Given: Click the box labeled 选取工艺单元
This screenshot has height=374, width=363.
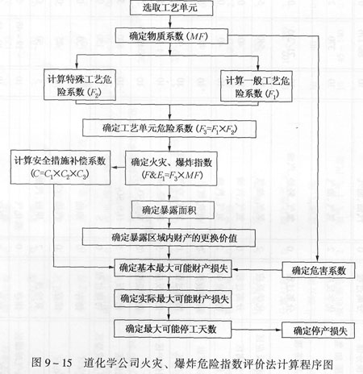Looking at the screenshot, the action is point(171,7).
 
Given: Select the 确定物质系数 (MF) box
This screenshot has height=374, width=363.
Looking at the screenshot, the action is point(172,35).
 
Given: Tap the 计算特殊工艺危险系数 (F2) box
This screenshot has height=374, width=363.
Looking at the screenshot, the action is point(80,85).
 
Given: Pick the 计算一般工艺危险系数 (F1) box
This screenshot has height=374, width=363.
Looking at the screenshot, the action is point(257,85).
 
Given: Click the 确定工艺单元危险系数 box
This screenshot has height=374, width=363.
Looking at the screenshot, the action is point(169,129).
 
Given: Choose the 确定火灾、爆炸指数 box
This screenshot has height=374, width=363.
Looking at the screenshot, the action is point(171,168).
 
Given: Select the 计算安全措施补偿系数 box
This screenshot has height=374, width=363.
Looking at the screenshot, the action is point(60,168).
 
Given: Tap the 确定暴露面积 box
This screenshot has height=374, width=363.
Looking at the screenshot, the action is point(173,210).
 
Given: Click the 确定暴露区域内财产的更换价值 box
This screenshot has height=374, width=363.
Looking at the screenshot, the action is point(169,238).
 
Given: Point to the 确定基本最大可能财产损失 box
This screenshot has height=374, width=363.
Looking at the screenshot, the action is point(173,268).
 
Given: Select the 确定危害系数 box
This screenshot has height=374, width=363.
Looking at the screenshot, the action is point(319,270).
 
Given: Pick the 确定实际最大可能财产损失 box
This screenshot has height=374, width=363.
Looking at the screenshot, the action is point(173,298).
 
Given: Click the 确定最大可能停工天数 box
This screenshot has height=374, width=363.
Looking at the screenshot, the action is point(173,329).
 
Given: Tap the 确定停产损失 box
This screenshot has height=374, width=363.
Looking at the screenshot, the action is point(319,330).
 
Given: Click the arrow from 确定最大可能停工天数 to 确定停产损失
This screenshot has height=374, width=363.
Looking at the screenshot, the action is point(257,330).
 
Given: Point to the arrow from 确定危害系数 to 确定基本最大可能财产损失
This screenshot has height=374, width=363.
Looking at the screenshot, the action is point(257,269).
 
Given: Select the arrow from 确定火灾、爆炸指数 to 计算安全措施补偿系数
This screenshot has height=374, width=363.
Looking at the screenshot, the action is point(118,168).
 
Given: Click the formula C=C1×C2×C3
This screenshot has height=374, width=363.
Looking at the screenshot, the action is point(60,174).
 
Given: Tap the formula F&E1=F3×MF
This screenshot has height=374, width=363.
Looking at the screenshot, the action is point(172,176).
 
